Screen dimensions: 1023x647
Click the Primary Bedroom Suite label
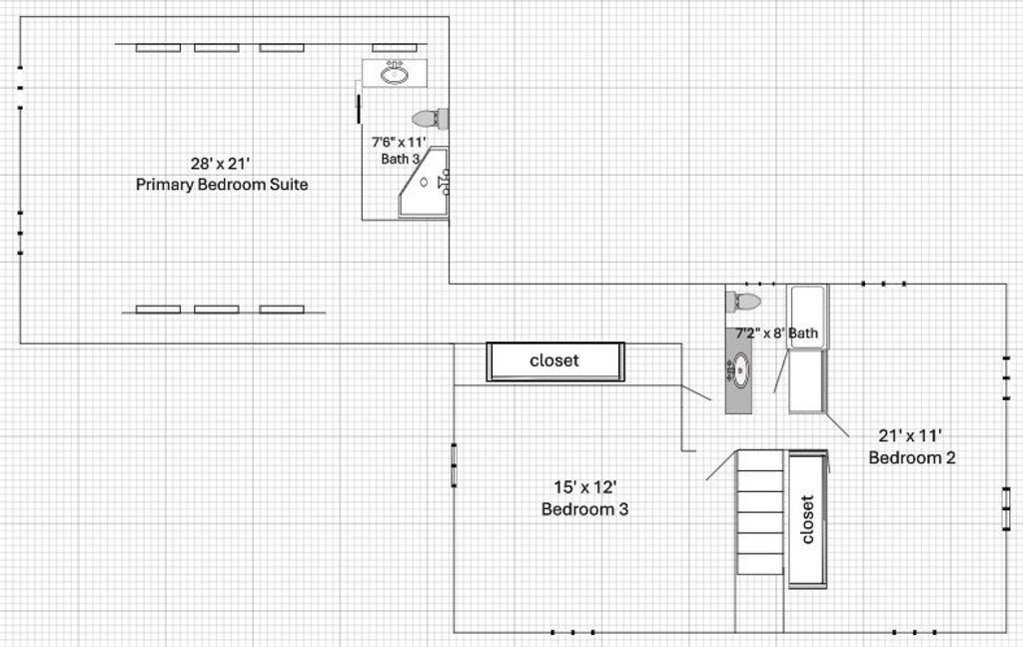coord(222,185)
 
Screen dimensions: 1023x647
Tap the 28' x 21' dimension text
coord(221,163)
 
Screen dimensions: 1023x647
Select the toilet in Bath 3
coord(430,118)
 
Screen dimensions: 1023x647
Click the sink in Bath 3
coord(395,73)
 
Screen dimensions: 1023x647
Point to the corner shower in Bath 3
coord(424,183)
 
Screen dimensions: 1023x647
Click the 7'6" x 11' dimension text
coord(399,142)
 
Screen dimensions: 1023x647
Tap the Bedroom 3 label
coord(585,509)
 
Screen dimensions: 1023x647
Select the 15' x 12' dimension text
coord(585,487)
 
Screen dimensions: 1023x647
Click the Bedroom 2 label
coord(912,457)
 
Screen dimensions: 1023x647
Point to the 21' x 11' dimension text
coord(910,435)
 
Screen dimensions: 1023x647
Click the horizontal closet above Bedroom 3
coord(555,361)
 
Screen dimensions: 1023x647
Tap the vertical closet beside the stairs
coord(808,519)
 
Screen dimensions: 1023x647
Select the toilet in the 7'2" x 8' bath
coord(744,302)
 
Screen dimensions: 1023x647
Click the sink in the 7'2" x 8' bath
coord(739,370)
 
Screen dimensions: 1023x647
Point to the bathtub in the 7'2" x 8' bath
coord(807,317)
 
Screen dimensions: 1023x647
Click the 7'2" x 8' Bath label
coord(776,333)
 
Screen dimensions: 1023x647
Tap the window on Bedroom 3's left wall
coord(455,465)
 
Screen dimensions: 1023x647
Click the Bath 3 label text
coord(400,159)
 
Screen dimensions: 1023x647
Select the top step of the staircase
coord(760,460)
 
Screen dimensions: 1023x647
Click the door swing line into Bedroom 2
coord(837,425)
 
